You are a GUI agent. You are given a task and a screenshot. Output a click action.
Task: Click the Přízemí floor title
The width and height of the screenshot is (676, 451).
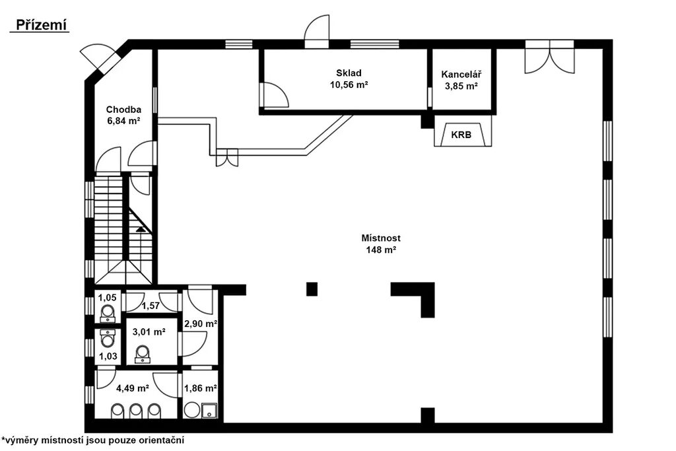tap(42, 25)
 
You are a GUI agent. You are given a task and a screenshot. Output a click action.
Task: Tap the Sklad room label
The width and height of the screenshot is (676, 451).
tap(349, 73)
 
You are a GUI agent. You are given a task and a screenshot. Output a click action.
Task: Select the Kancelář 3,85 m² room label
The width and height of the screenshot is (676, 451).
tap(461, 80)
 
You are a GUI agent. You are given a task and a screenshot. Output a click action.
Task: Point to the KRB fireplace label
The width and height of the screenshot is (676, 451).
tap(461, 135)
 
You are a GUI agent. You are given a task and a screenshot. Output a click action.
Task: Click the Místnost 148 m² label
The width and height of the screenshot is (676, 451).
tap(381, 244)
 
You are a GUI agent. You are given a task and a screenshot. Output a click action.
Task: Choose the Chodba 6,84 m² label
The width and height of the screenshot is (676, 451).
tap(123, 115)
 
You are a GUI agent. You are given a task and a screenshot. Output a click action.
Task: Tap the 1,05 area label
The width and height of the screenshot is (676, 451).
tap(108, 298)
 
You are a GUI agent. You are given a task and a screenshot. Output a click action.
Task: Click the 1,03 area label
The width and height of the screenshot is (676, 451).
tap(108, 356)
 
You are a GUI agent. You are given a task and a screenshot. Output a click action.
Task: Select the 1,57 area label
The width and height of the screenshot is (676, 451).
tap(151, 306)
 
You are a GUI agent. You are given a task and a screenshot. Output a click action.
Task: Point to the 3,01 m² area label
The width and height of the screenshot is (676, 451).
tap(149, 332)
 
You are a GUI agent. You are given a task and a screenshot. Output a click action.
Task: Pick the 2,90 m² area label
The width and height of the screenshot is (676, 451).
tap(201, 324)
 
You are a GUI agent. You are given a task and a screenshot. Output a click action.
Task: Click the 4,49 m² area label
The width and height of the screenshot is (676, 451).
tap(133, 388)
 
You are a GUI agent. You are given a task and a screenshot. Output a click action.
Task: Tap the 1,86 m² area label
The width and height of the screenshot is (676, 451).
tap(201, 388)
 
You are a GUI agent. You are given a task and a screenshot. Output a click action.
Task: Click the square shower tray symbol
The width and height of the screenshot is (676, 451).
tap(209, 410)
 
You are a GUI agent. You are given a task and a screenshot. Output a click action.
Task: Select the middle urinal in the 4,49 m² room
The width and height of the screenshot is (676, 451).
tap(136, 411)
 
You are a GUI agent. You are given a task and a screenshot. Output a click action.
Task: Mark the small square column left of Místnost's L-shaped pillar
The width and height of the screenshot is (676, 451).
tap(312, 289)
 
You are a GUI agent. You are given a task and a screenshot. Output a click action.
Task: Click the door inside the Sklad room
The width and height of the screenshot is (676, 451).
tap(273, 94)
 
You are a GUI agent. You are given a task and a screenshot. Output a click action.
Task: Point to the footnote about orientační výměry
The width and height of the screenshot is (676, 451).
tap(92, 440)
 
